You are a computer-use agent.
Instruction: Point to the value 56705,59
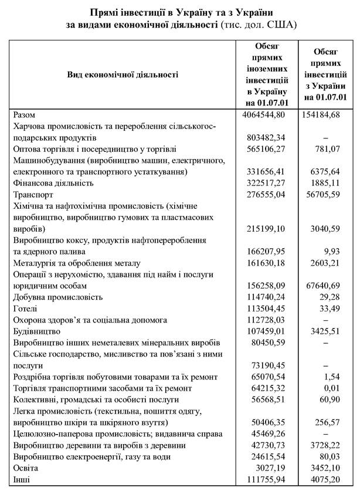tap(328, 194)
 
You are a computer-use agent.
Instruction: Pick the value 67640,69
tap(328, 285)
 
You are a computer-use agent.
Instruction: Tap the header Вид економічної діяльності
tap(123, 75)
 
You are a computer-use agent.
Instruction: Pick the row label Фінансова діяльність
tap(56, 182)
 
